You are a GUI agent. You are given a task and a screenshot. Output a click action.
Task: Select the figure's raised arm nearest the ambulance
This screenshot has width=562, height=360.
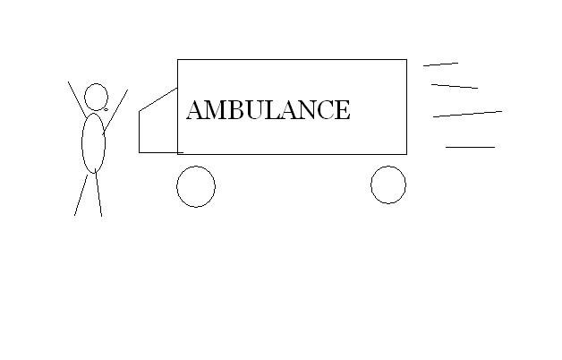point(115,112)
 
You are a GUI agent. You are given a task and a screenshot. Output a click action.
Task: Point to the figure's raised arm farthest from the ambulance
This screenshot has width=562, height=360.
point(77,99)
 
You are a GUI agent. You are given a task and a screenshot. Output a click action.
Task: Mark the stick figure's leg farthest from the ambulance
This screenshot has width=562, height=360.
point(81,195)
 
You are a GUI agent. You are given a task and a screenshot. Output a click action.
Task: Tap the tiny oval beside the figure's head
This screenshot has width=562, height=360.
point(106,110)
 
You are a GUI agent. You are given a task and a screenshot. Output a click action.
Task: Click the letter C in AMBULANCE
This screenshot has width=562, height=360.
point(326,110)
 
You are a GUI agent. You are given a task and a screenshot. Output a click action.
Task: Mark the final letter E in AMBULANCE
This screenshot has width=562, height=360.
point(343,110)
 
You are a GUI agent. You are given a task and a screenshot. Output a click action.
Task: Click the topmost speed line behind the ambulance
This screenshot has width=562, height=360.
point(441,64)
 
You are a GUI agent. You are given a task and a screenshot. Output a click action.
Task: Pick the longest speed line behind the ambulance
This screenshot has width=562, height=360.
point(468,114)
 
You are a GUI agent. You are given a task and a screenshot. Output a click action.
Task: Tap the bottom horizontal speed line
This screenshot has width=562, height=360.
point(470,147)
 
